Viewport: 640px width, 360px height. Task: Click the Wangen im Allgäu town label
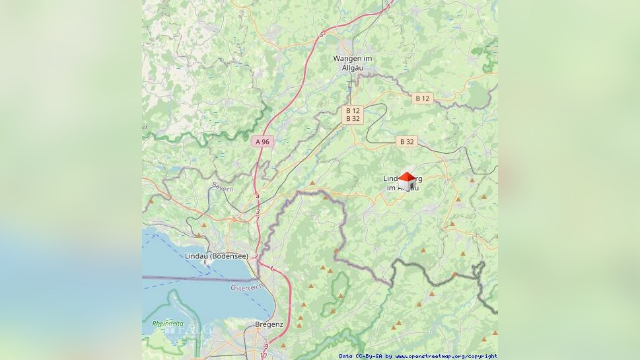point(352,63)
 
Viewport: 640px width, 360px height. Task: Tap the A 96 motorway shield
point(263,141)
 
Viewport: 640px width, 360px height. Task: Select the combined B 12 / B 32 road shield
point(353,115)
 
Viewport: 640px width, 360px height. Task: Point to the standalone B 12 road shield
point(422,98)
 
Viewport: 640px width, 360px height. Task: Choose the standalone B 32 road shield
point(407,141)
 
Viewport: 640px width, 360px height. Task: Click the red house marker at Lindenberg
point(407,178)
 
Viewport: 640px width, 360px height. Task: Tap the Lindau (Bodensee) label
point(217,256)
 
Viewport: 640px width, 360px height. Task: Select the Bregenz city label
point(269,324)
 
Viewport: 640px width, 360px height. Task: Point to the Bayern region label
point(223,188)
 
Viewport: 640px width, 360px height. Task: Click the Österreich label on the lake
point(247,287)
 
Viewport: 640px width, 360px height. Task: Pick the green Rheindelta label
point(168,324)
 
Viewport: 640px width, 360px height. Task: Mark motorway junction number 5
point(322,34)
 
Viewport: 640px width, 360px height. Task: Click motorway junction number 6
point(388,7)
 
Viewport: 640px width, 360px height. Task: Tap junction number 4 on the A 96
point(257,197)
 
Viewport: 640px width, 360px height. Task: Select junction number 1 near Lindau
point(271,268)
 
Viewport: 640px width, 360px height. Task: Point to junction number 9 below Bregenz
point(266,347)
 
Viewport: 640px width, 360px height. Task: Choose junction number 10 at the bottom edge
point(263,356)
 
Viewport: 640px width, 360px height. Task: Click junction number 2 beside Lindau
point(256,256)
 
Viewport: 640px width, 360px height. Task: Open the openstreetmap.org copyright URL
point(446,356)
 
